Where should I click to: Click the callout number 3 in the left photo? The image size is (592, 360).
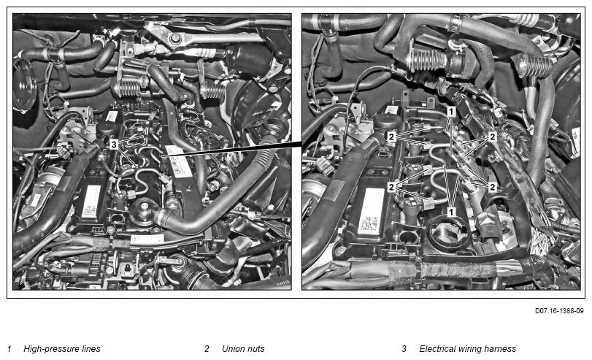(114, 144)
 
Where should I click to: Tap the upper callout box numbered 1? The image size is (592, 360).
(451, 112)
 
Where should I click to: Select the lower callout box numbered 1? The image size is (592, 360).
(451, 212)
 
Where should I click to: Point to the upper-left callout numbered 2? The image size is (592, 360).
(391, 137)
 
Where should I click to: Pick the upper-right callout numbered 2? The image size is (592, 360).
(492, 137)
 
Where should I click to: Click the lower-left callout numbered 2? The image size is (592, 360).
(391, 187)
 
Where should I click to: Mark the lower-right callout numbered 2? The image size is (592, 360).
(492, 187)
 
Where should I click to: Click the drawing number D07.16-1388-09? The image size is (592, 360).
(558, 311)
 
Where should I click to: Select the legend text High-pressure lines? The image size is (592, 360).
(62, 348)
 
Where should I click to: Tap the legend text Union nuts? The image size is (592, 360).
(243, 348)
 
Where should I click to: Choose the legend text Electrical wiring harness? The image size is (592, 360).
(467, 348)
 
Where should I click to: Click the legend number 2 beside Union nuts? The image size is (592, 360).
(207, 348)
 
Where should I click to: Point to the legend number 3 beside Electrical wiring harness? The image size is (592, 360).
(404, 348)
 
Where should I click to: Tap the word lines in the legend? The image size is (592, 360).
(91, 348)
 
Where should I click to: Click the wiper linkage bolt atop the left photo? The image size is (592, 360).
(174, 39)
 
